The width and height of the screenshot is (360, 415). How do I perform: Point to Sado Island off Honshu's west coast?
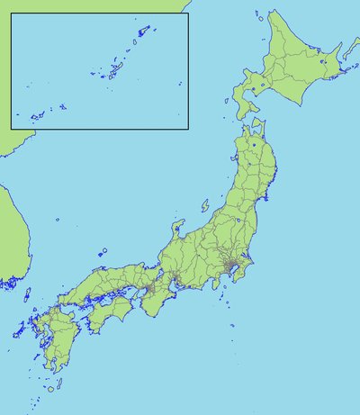point(205,205)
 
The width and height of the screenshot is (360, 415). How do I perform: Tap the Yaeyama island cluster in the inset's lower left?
point(36,115)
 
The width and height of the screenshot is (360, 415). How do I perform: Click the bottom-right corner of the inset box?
point(187,128)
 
